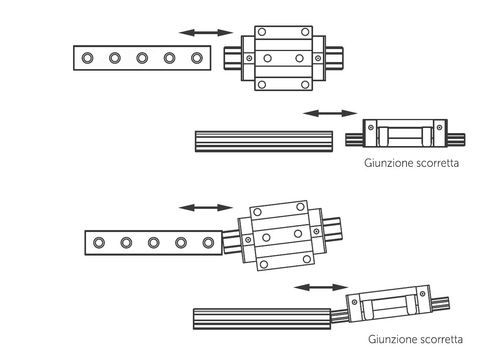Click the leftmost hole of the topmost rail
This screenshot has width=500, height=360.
pyautogui.click(x=87, y=58)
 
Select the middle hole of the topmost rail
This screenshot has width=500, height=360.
pyautogui.click(x=142, y=58)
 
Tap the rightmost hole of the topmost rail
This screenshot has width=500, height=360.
pyautogui.click(x=196, y=58)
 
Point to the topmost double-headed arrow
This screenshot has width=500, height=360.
pyautogui.click(x=206, y=33)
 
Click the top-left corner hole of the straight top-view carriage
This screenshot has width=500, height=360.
pyautogui.click(x=262, y=32)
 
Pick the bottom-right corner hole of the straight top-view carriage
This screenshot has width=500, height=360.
pyautogui.click(x=305, y=84)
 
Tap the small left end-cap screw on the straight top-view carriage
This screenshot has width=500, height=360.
pyautogui.click(x=249, y=58)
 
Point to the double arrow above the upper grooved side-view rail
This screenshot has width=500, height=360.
pyautogui.click(x=330, y=113)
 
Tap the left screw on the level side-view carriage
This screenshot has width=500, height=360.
pyautogui.click(x=370, y=127)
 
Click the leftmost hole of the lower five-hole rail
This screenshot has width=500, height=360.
pyautogui.click(x=99, y=243)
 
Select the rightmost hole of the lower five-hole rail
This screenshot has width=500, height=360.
pyautogui.click(x=208, y=243)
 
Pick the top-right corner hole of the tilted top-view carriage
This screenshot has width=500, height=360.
pyautogui.click(x=300, y=206)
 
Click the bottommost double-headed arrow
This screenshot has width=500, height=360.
pyautogui.click(x=321, y=288)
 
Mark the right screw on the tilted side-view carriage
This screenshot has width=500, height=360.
pyautogui.click(x=423, y=294)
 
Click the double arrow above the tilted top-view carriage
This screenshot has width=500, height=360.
pyautogui.click(x=206, y=208)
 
